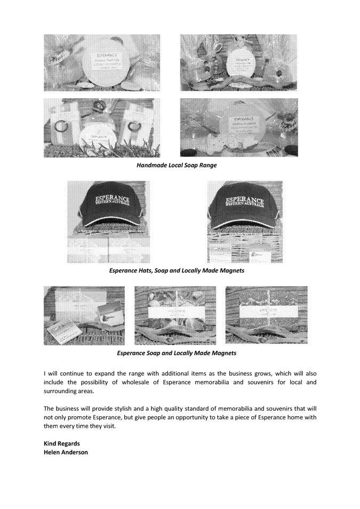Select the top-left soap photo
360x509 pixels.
click(101, 62)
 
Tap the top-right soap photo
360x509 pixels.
click(239, 62)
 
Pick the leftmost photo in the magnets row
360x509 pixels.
click(84, 315)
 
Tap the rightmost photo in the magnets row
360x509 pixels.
click(267, 315)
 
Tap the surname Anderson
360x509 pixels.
click(75, 452)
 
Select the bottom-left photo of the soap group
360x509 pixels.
click(101, 128)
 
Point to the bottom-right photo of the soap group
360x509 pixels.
click(239, 128)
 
